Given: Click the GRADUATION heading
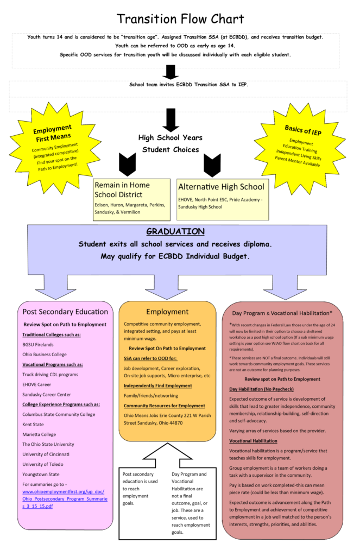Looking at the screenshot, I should coord(175,232).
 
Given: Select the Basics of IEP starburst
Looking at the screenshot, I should coord(301,144).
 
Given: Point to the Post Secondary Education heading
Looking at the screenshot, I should coord(65,312).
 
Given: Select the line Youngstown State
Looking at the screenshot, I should coord(41,474).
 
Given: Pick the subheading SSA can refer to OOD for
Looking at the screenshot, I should coord(154,358).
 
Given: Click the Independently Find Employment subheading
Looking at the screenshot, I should coord(157,386).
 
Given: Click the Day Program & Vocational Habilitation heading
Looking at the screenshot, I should coord(282,313).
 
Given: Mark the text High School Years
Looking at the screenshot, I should coord(170,138).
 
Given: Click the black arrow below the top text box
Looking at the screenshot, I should coord(171,72).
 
